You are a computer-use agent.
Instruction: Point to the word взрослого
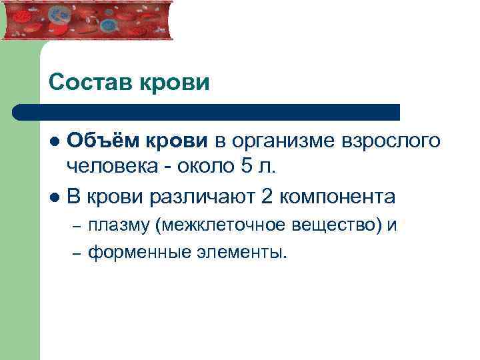point(391,141)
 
